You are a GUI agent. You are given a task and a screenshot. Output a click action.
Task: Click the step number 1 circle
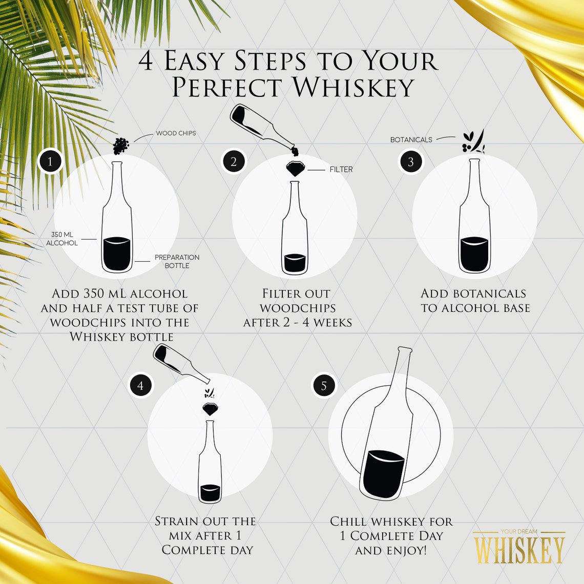[50, 162]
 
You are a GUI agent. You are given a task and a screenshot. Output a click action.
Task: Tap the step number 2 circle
[234, 162]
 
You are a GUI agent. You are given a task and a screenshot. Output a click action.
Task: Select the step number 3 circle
[411, 162]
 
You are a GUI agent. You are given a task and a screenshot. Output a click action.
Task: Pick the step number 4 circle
[141, 386]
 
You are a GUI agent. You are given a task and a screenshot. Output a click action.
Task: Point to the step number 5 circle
[324, 386]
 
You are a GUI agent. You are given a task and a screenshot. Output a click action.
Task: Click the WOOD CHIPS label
[176, 133]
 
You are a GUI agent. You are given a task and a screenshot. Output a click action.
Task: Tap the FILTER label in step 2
[341, 170]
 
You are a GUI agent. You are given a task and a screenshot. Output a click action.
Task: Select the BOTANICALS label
[411, 140]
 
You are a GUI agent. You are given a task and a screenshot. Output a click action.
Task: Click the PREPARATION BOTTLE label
[177, 261]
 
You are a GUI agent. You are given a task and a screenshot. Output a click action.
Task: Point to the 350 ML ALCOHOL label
[62, 239]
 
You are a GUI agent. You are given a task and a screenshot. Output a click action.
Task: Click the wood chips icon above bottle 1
[121, 146]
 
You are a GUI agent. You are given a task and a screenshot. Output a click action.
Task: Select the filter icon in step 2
[295, 169]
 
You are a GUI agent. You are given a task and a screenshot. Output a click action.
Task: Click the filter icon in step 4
[210, 409]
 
